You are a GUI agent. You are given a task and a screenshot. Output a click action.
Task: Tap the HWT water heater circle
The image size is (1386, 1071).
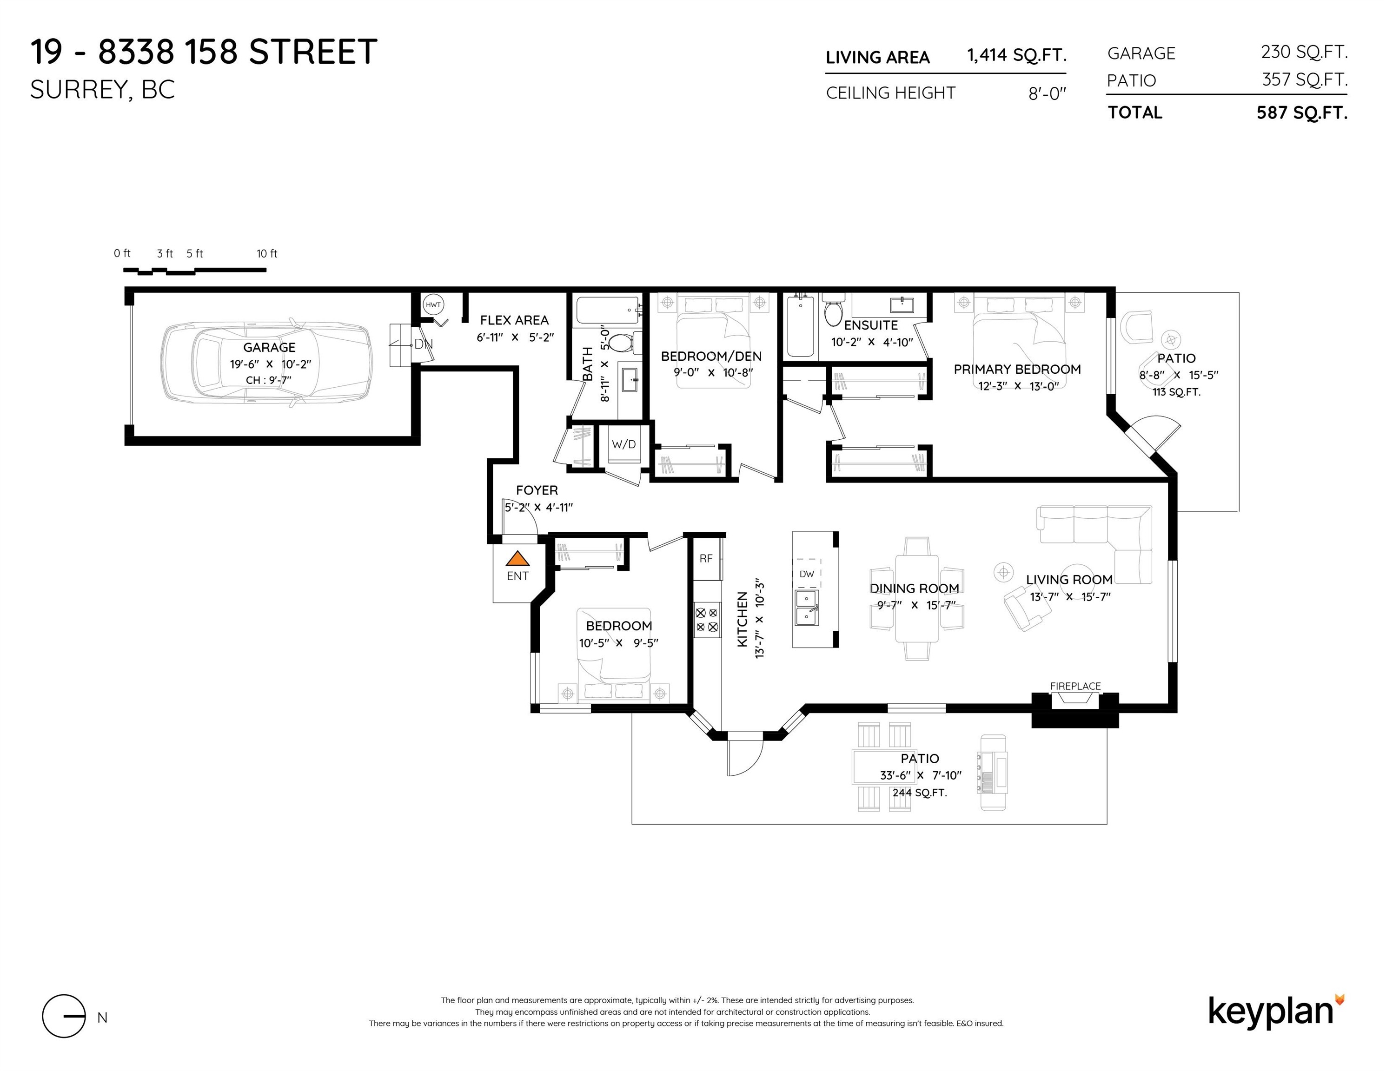click(433, 304)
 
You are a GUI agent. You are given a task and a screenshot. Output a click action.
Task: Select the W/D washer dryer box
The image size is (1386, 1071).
click(623, 444)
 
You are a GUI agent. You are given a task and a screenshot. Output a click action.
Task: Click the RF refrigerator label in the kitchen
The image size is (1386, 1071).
click(706, 558)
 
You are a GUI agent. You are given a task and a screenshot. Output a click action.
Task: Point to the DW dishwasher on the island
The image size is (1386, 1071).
click(807, 574)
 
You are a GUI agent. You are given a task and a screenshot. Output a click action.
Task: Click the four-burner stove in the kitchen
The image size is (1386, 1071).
click(706, 620)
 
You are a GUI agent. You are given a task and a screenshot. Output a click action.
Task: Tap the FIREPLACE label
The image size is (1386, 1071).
click(1075, 686)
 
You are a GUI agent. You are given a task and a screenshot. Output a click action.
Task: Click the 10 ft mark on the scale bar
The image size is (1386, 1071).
click(266, 254)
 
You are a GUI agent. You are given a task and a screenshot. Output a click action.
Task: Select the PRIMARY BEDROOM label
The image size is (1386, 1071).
click(1017, 369)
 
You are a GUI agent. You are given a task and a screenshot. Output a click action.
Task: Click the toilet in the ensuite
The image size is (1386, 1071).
click(833, 310)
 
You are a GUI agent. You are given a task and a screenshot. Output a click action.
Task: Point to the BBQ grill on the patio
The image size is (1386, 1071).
click(993, 772)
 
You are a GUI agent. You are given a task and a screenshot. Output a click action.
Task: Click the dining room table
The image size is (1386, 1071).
click(916, 598)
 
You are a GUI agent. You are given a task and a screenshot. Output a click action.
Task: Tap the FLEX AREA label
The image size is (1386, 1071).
click(514, 320)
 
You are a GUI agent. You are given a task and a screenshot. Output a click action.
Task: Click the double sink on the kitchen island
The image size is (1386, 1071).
click(807, 608)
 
